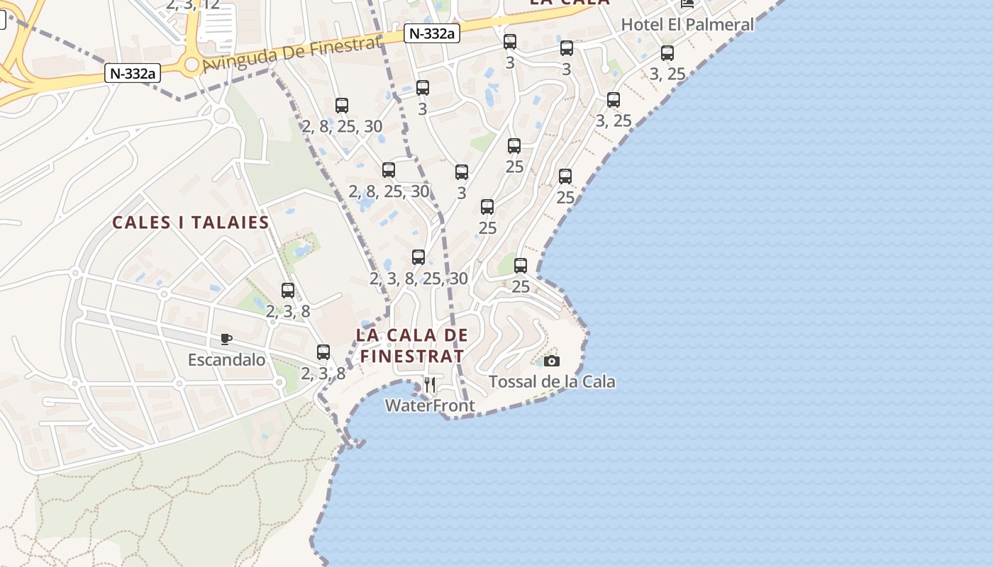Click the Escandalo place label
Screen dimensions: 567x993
(226, 360)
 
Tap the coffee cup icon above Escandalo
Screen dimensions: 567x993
(226, 339)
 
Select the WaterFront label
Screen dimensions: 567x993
(430, 405)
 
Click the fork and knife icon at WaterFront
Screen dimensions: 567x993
(430, 385)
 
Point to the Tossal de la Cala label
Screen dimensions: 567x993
(552, 382)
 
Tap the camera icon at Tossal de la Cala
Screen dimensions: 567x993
(552, 361)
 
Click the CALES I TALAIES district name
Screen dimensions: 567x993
(191, 223)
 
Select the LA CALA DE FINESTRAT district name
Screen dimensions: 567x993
(412, 345)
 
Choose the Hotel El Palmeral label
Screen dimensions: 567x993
(687, 25)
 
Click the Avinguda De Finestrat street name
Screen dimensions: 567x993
(292, 54)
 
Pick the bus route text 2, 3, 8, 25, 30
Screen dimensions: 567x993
(418, 279)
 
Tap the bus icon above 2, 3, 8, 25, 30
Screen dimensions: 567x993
(418, 257)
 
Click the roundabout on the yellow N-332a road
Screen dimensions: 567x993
(191, 66)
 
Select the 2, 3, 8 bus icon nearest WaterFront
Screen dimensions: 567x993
(323, 352)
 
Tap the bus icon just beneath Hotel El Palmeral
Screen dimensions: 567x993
(667, 53)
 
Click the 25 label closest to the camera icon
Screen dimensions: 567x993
(521, 287)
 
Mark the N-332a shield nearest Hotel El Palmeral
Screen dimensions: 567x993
(430, 33)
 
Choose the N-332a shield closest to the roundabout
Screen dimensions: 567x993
(133, 72)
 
